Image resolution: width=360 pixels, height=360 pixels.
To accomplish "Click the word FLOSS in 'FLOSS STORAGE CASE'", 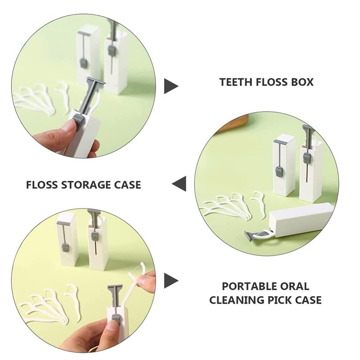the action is (x=42, y=185).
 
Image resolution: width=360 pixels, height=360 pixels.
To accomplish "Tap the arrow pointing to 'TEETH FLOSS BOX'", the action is (x=171, y=86).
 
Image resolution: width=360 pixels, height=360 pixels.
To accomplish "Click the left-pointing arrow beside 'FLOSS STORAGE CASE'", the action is (x=179, y=184).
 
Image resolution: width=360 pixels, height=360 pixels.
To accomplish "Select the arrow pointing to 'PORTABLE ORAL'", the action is (x=171, y=280).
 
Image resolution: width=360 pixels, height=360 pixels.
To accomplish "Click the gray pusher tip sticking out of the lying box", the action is (x=252, y=235).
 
